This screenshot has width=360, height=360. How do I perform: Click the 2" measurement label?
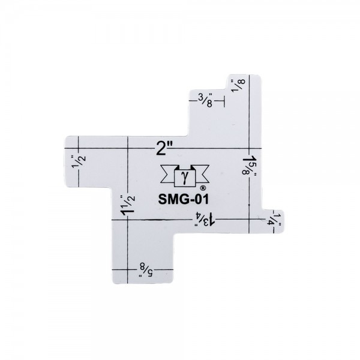coord(164,148)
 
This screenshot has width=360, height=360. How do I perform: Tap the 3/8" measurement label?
coord(205,100)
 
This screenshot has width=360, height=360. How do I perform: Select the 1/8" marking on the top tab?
coord(238,85)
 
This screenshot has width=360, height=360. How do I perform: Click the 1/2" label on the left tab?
coord(79,161)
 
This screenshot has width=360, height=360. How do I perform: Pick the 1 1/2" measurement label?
coord(127,205)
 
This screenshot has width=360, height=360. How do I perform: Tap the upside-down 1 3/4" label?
coord(205,219)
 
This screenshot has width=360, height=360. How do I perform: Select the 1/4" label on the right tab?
coord(274,220)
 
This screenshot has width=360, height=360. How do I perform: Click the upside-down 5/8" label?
coord(146,270)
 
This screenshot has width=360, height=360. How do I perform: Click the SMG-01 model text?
coord(184,199)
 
